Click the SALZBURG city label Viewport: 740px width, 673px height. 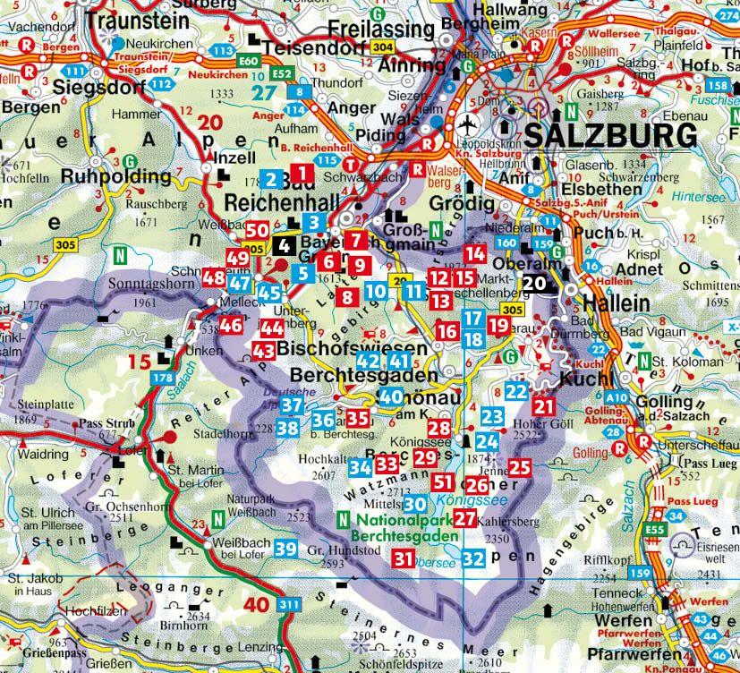[x=611, y=136]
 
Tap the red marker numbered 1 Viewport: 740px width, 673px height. [x=303, y=173]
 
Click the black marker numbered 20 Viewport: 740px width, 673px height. [x=534, y=283]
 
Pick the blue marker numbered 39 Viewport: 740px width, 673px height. [x=286, y=548]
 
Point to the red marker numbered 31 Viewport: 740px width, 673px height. [x=404, y=559]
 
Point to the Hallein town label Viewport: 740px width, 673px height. [x=617, y=303]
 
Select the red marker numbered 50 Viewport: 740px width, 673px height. [x=257, y=231]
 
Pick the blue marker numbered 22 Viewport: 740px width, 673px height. [x=516, y=391]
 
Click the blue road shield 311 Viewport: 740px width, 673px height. [x=289, y=606]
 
